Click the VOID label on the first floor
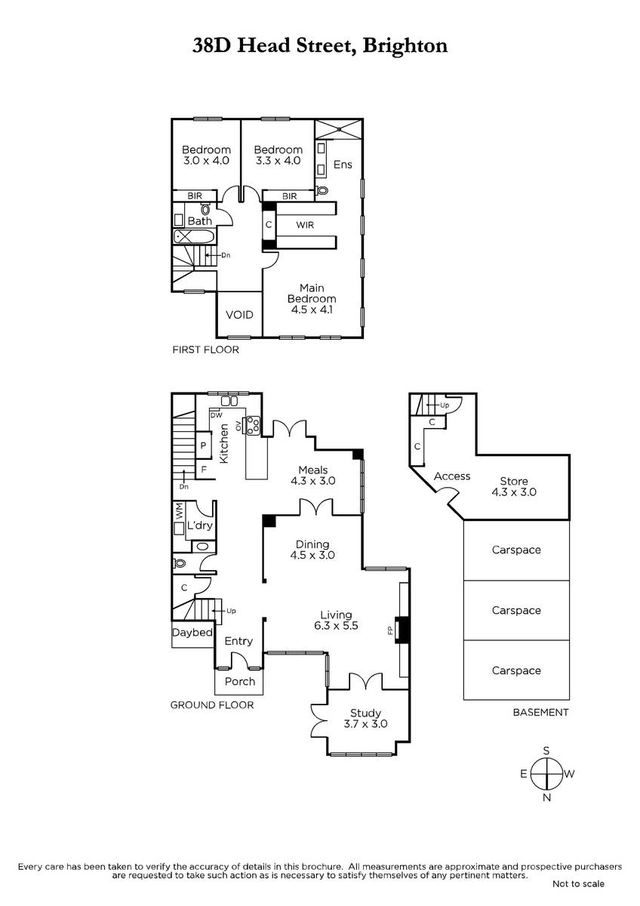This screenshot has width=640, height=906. [239, 315]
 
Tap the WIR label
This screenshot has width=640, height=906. [305, 225]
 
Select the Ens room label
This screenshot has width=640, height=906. [343, 165]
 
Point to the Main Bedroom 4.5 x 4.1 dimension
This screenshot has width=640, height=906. [312, 310]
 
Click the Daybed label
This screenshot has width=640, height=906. [192, 633]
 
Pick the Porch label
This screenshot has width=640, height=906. [240, 682]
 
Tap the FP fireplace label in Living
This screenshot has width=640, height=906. [390, 630]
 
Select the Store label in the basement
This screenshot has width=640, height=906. [514, 481]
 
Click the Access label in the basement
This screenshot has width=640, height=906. [452, 476]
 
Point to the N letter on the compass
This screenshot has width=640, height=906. [546, 797]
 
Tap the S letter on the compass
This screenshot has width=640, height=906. [546, 751]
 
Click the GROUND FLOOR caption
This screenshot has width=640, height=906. [212, 705]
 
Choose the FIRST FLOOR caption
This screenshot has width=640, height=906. [206, 350]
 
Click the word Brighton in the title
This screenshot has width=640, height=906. [405, 45]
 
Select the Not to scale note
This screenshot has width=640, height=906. [578, 884]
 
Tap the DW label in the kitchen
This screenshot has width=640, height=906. [217, 415]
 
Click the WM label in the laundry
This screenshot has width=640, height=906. [179, 511]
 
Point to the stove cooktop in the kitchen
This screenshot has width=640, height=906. [253, 426]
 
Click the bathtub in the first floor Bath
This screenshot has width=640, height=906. [194, 237]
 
